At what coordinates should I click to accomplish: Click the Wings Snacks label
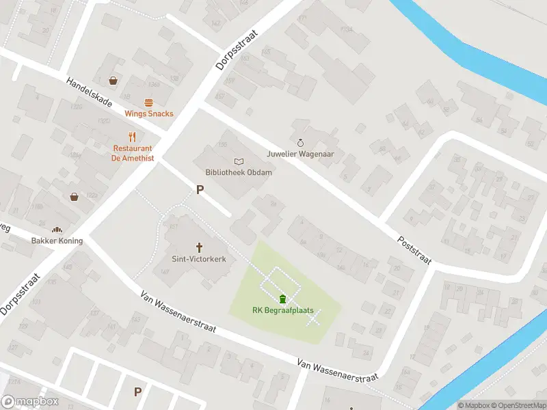coord(148,114)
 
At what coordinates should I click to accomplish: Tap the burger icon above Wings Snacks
coord(148,102)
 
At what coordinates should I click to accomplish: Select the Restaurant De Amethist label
coord(133,153)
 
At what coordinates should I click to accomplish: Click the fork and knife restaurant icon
coord(133,136)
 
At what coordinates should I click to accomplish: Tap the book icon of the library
coord(239,161)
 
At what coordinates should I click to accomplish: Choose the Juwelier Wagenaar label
coord(300,154)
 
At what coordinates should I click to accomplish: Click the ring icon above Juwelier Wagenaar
coord(300,143)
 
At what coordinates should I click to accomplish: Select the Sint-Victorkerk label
coord(199,260)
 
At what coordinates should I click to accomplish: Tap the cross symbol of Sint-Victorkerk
coord(200,247)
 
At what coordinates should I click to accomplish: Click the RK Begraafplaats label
coord(282,310)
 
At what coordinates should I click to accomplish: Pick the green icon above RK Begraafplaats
coord(282,299)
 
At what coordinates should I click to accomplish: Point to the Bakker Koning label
coord(57,241)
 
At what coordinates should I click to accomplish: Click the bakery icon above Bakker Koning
coord(57,230)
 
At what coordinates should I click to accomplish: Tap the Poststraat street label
coord(414,252)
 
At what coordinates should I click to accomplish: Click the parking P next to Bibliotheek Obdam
coord(200,190)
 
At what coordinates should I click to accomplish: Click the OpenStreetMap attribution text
coord(517,405)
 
